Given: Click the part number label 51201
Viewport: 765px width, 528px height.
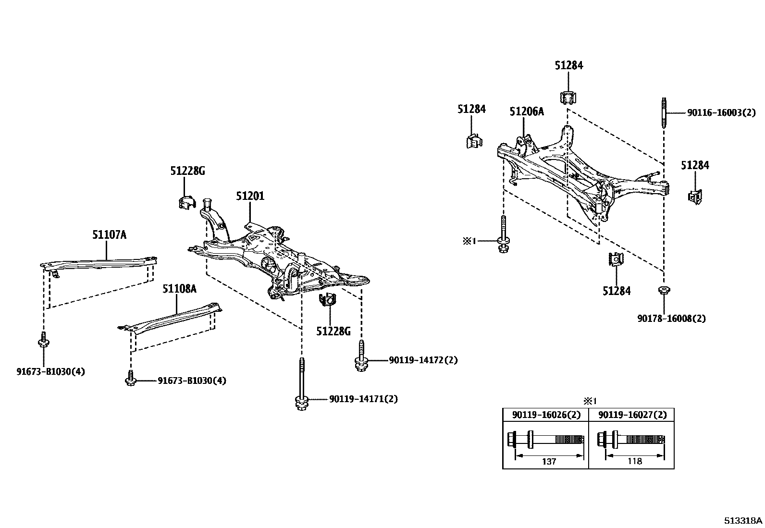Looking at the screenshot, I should click(250, 196).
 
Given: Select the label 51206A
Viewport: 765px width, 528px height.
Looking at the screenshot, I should click(527, 112).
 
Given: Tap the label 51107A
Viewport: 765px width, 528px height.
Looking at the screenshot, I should click(110, 234).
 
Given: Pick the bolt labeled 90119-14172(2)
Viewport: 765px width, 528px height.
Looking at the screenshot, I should click(361, 358).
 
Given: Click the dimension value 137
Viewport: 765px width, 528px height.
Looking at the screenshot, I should click(549, 461).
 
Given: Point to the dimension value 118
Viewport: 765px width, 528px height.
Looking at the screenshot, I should click(634, 461).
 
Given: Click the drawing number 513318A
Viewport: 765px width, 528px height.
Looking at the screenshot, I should click(743, 520).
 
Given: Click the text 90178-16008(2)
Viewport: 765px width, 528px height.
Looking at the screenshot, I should click(671, 318).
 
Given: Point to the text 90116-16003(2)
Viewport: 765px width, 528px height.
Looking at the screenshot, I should click(721, 113).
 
